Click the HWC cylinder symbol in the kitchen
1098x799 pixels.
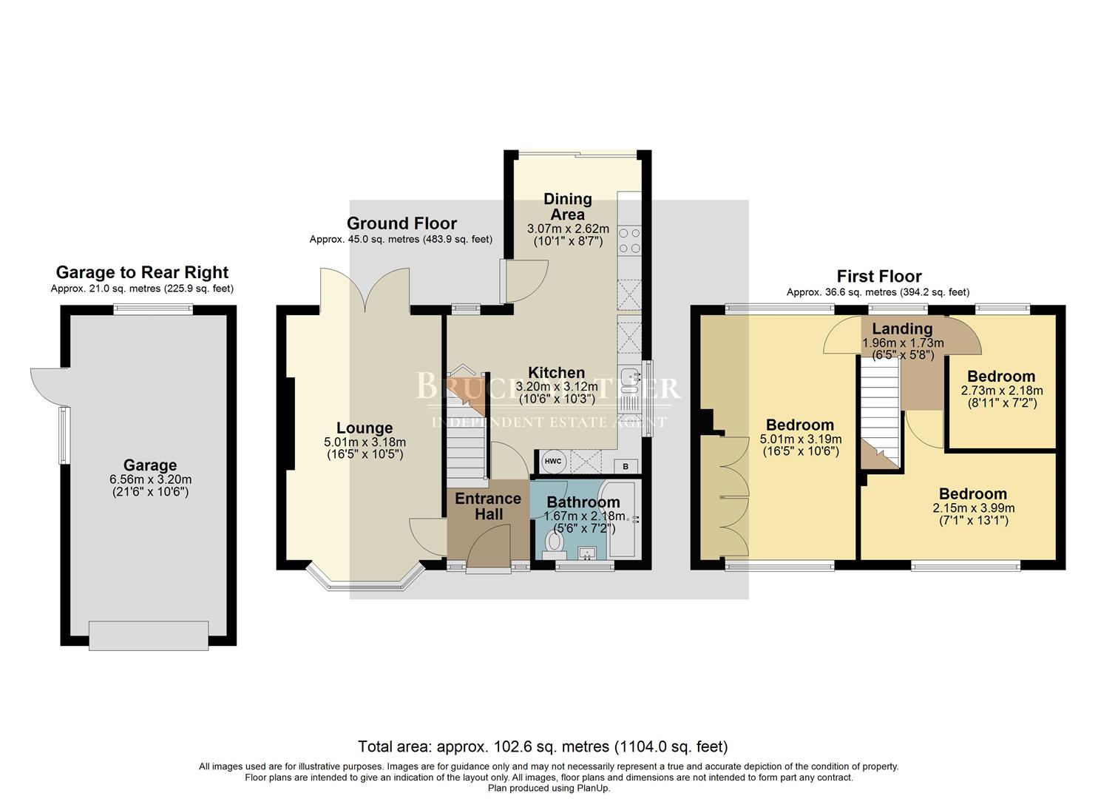[552, 462]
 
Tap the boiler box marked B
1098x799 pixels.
[626, 466]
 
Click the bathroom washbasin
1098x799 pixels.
[589, 553]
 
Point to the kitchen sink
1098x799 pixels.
[629, 380]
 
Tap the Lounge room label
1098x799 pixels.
[365, 428]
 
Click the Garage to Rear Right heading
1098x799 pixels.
[142, 272]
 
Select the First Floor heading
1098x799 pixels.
[879, 277]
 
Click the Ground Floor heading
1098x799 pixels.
[401, 223]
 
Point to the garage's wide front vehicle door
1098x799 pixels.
[148, 636]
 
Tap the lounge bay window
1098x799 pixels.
[365, 583]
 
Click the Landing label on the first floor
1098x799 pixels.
[902, 329]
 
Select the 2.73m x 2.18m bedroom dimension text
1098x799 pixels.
[1002, 391]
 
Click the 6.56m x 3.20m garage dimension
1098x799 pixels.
[150, 479]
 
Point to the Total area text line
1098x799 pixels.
[543, 746]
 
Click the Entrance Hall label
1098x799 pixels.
[488, 507]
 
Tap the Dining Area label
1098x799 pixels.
[567, 206]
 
